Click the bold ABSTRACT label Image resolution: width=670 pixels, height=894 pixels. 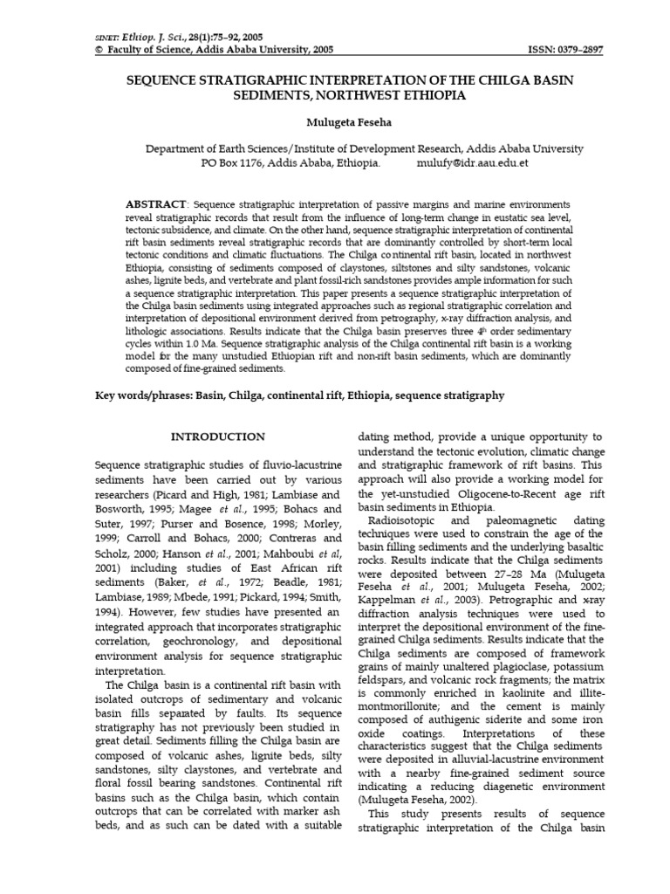(157, 203)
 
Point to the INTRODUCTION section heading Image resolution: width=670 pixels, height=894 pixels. (217, 437)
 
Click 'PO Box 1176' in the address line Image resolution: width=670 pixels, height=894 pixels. (232, 163)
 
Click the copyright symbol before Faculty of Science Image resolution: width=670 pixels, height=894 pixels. (98, 51)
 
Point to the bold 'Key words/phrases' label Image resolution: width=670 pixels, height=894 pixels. (144, 395)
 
